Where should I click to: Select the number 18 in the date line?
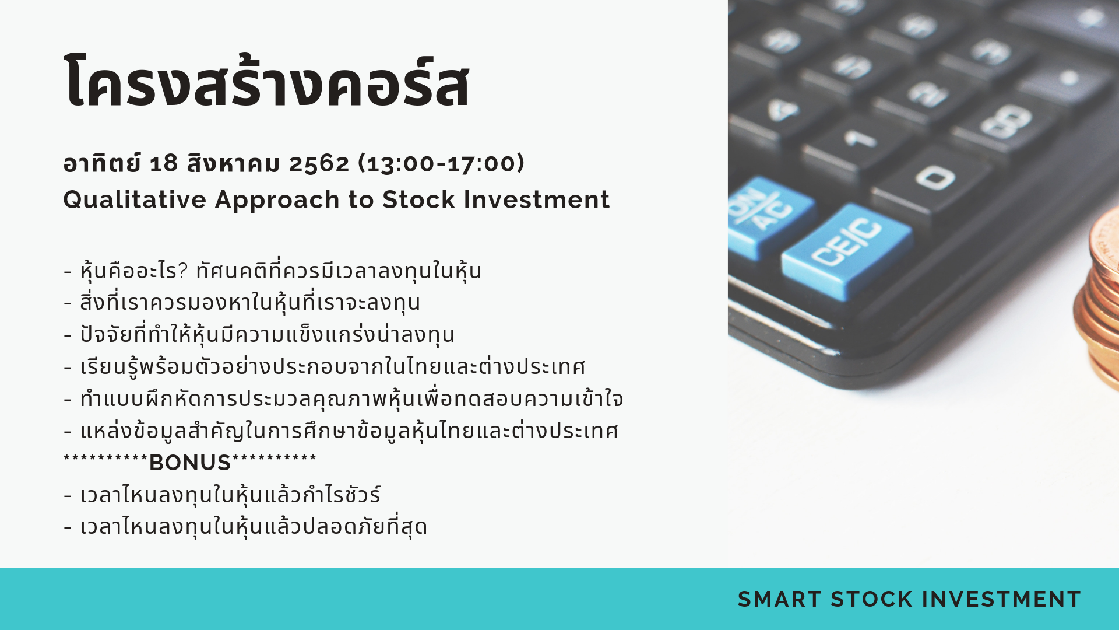pyautogui.click(x=163, y=163)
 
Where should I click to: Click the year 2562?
pyautogui.click(x=319, y=163)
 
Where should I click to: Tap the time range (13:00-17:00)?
pyautogui.click(x=441, y=163)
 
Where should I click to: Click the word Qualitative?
pyautogui.click(x=135, y=200)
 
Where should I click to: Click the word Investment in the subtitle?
pyautogui.click(x=537, y=199)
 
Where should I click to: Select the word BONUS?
pyautogui.click(x=190, y=463)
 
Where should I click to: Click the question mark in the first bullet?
pyautogui.click(x=182, y=270)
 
